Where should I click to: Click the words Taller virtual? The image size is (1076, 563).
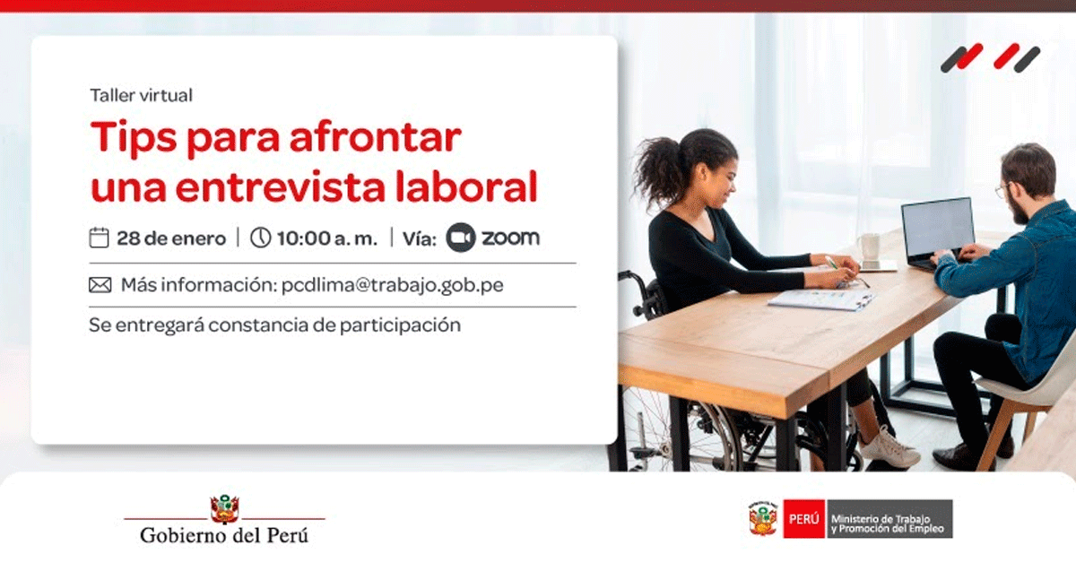(x=142, y=95)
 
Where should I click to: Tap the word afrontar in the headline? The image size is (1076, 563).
(x=376, y=137)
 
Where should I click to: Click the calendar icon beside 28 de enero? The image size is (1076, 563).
(x=99, y=238)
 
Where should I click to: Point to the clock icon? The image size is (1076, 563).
(x=260, y=238)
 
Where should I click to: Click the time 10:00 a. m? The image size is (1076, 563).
(x=327, y=238)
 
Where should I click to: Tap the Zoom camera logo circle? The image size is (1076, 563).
(x=461, y=238)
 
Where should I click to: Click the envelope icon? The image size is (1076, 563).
(x=100, y=285)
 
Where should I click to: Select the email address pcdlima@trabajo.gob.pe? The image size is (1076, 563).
(x=393, y=285)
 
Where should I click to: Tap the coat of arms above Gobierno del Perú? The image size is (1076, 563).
(x=224, y=509)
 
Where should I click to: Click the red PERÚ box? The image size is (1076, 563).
(x=804, y=519)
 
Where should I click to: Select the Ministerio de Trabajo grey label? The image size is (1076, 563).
(x=889, y=519)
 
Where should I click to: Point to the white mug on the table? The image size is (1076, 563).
(x=870, y=248)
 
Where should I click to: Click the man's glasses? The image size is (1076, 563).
(x=1004, y=190)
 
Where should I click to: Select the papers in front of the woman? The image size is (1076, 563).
(x=821, y=299)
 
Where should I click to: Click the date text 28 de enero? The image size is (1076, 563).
(x=171, y=238)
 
